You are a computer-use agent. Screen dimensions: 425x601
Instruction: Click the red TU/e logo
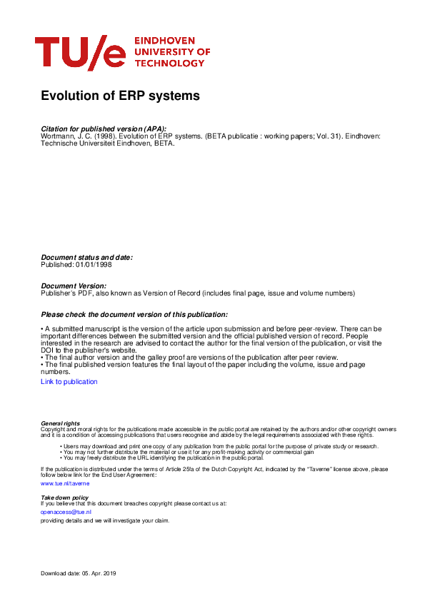(80, 53)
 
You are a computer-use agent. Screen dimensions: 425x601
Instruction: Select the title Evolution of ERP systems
(120, 96)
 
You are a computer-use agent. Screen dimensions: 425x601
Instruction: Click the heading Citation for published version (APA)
(104, 128)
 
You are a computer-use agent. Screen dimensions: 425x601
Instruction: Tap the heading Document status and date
(86, 258)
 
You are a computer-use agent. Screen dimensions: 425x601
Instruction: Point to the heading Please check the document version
(134, 314)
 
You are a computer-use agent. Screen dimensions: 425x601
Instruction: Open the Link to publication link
(69, 382)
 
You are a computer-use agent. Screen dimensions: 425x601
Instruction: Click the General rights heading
(61, 423)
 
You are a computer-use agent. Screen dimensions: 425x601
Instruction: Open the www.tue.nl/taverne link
(65, 483)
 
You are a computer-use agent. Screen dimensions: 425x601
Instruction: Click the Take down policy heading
(64, 497)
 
